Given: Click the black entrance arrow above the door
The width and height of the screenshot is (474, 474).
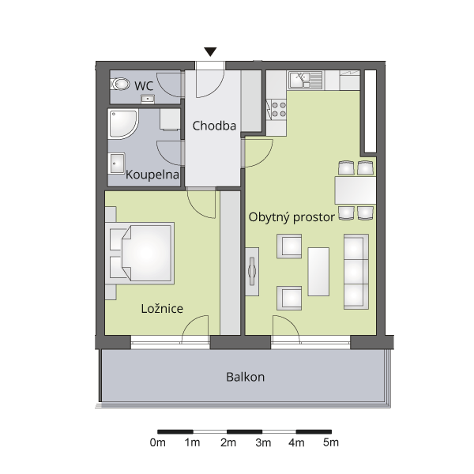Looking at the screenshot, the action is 210,51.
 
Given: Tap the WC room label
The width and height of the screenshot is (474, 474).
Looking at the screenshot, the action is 144,86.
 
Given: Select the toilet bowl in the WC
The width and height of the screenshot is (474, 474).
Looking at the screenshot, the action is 120,84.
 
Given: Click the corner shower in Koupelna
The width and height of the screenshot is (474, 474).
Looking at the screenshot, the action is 123,125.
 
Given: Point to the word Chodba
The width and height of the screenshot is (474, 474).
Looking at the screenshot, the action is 214,126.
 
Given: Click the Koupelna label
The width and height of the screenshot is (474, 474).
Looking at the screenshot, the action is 152,175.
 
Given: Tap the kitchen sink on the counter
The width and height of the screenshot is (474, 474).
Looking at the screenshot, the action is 305,80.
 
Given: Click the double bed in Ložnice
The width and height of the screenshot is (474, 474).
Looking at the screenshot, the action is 140,254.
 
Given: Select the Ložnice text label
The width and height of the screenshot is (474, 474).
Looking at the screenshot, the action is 162,308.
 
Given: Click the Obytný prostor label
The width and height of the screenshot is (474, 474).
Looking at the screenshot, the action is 292,217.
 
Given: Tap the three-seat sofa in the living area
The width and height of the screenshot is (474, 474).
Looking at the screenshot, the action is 356,272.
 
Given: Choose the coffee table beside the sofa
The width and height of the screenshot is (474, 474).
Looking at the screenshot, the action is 318,272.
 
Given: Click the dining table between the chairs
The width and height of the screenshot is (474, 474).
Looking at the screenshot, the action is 355,190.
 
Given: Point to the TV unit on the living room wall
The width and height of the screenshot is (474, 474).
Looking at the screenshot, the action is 252,272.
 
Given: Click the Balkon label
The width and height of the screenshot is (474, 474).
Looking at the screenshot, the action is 245,377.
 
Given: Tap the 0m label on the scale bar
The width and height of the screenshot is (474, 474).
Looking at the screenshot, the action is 157,442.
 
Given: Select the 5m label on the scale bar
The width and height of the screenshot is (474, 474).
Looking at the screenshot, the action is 331,442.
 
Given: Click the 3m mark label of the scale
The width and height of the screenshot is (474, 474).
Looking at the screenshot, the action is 263,442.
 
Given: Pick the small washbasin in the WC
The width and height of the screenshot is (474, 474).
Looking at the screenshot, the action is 148,99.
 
